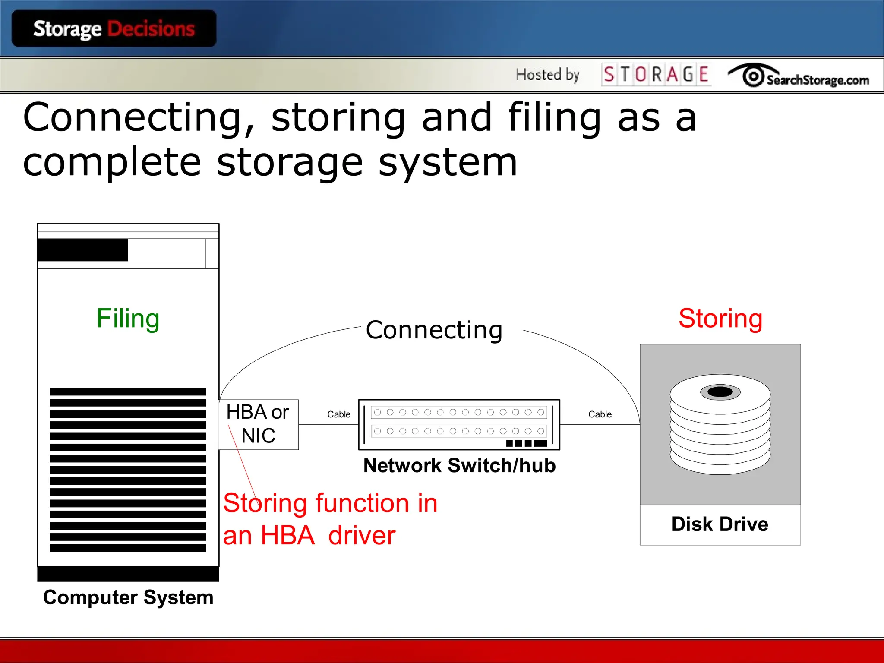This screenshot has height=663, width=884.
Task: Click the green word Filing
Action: click(x=128, y=319)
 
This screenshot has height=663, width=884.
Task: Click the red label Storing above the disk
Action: click(x=720, y=319)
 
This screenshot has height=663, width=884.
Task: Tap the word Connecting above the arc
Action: click(x=434, y=330)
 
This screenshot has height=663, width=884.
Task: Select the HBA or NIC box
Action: click(x=258, y=424)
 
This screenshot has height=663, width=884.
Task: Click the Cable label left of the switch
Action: click(x=338, y=414)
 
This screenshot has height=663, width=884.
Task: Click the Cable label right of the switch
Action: click(x=600, y=414)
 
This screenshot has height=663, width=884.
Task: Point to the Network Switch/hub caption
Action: click(x=459, y=465)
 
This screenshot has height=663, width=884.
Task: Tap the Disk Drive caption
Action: click(x=720, y=524)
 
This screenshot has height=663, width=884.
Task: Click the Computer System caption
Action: click(x=128, y=597)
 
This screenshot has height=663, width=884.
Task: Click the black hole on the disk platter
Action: click(x=720, y=391)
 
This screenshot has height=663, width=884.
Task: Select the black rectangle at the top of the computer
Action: click(x=83, y=250)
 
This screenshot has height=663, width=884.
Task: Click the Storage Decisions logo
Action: click(x=114, y=29)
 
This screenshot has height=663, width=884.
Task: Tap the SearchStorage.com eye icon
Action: click(x=753, y=76)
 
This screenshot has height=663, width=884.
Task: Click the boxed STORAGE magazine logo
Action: click(x=656, y=74)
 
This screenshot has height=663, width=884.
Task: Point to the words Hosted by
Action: click(x=547, y=75)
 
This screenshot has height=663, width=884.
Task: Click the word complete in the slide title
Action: click(x=111, y=162)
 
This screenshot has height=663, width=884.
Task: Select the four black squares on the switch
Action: click(x=526, y=443)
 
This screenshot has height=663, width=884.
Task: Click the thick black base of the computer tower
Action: click(x=128, y=574)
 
